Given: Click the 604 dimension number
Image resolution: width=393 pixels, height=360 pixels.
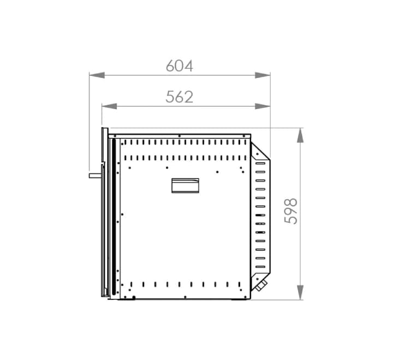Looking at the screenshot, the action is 180,66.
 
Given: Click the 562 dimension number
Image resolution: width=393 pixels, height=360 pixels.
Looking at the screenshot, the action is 180,97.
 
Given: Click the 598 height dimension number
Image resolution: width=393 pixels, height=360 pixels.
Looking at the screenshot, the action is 291,211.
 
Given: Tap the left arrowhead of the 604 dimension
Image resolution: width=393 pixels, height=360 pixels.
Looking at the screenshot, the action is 97,75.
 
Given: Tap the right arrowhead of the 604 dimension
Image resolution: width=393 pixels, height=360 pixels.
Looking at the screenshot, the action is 263,75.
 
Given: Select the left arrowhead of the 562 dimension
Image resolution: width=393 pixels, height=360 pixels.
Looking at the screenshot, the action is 110,106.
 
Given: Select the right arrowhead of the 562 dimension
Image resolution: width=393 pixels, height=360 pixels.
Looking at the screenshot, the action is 263,106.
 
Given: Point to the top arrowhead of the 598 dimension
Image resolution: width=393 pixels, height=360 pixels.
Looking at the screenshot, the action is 300,135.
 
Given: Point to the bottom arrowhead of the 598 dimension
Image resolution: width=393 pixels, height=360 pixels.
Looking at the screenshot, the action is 300,292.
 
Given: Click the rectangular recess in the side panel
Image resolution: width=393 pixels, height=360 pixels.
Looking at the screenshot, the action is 186,185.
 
